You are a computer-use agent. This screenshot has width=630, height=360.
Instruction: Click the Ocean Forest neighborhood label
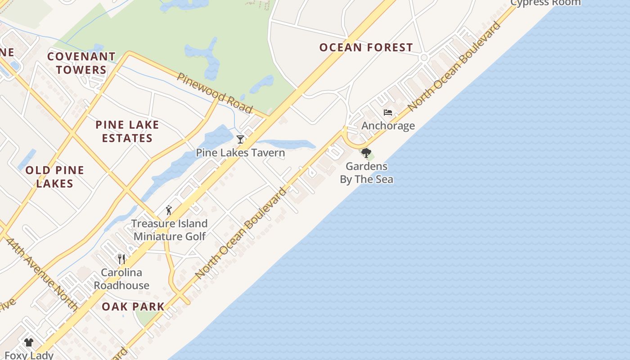coord(366,47)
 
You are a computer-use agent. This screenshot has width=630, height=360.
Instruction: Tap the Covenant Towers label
coord(81,63)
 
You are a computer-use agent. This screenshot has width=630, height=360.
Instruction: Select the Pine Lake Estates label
coord(127,131)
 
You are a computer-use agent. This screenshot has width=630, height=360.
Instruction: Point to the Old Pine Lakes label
coord(55,177)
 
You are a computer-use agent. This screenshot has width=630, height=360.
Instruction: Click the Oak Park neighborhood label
coord(133,307)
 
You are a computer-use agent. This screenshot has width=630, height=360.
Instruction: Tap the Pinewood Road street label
coord(214,93)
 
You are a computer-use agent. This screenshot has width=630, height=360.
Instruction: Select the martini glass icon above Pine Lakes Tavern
coord(240,139)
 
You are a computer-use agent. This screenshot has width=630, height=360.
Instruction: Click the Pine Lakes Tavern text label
coord(240,153)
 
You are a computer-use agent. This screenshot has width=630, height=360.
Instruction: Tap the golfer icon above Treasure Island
coord(169,210)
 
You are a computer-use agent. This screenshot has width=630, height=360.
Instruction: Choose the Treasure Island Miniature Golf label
coord(170,230)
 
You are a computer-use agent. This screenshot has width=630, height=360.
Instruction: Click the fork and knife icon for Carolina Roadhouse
coord(121,259)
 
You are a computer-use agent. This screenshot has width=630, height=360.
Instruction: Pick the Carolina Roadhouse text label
coord(121,279)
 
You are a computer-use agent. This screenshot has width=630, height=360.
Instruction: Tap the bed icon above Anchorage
coord(388,112)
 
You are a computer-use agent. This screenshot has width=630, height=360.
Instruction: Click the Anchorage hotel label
coord(388,126)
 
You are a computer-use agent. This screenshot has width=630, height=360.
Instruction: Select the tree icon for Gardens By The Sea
coord(366,153)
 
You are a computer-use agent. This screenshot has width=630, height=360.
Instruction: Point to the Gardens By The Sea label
coord(366,173)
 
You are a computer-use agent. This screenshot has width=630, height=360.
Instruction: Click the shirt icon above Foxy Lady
coord(29,342)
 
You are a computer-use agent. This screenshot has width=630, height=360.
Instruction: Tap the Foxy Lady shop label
coord(29,355)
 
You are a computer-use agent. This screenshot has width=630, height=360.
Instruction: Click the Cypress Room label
coord(545,3)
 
